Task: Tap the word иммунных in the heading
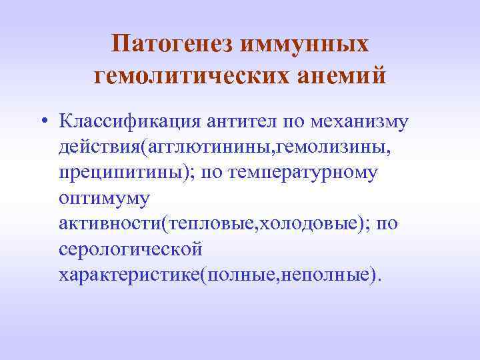pos(309,45)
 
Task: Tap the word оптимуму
pos(105,199)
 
